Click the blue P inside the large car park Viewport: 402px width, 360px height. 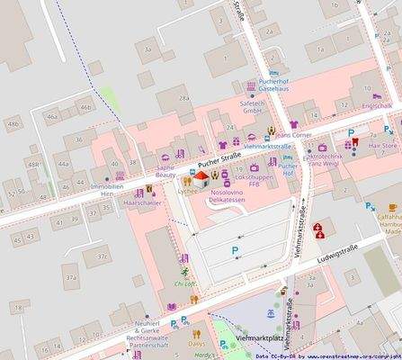pyautogui.click(x=236, y=249)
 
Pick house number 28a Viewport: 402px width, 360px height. pyautogui.click(x=183, y=98)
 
